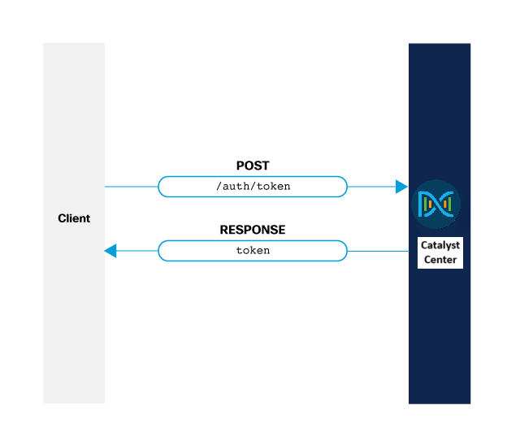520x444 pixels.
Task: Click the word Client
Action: coord(74,218)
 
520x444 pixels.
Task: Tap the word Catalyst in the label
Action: coord(440,245)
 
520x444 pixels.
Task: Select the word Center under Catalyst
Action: coord(440,260)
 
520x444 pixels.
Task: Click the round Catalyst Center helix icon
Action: coord(436,205)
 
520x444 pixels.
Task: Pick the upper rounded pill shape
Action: coord(252,187)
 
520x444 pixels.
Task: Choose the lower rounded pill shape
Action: coord(252,251)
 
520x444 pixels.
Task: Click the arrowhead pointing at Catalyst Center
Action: coord(401,187)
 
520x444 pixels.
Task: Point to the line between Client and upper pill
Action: coord(131,187)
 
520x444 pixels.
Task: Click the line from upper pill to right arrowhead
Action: coord(371,187)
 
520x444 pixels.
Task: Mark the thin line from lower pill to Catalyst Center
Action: coord(378,251)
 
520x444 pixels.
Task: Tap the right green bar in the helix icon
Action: coord(448,205)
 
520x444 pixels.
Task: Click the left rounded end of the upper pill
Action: coord(160,187)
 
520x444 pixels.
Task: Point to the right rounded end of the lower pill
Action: coord(345,251)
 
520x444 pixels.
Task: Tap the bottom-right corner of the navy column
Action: coord(470,403)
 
